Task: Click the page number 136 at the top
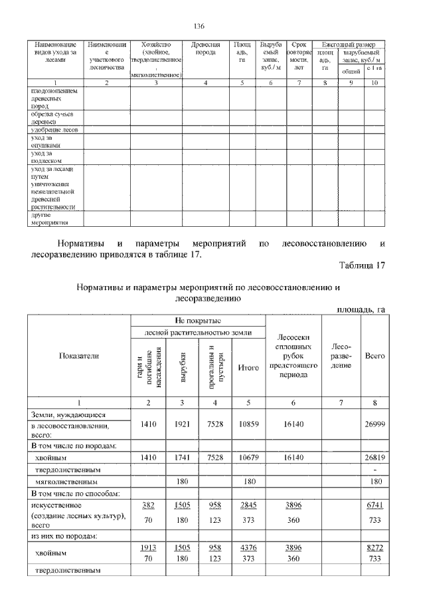(x=198, y=26)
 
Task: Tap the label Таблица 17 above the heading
(x=362, y=266)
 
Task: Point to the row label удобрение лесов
(x=54, y=130)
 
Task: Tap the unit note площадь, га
(x=361, y=309)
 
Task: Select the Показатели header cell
(x=80, y=356)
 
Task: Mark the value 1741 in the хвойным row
(x=183, y=457)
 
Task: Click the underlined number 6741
(x=375, y=505)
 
